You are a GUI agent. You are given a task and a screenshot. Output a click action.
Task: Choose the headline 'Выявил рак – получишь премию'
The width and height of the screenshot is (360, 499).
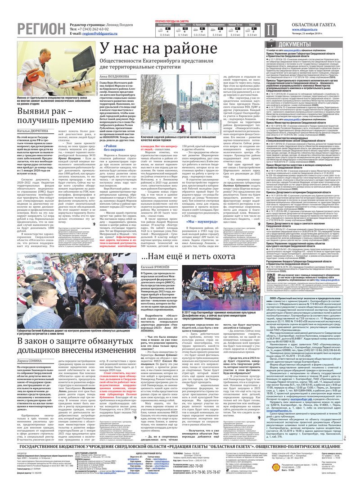pos(49,115)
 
